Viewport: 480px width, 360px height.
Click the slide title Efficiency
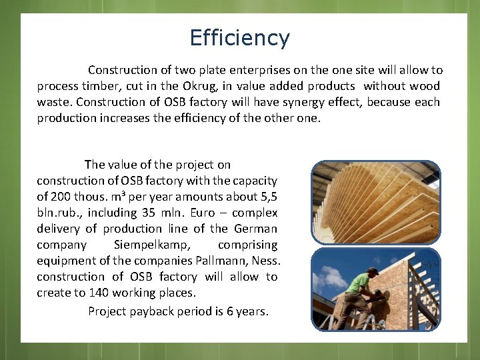point(239,38)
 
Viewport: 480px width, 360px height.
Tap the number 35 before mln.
point(150,213)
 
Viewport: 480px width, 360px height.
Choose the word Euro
point(203,213)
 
